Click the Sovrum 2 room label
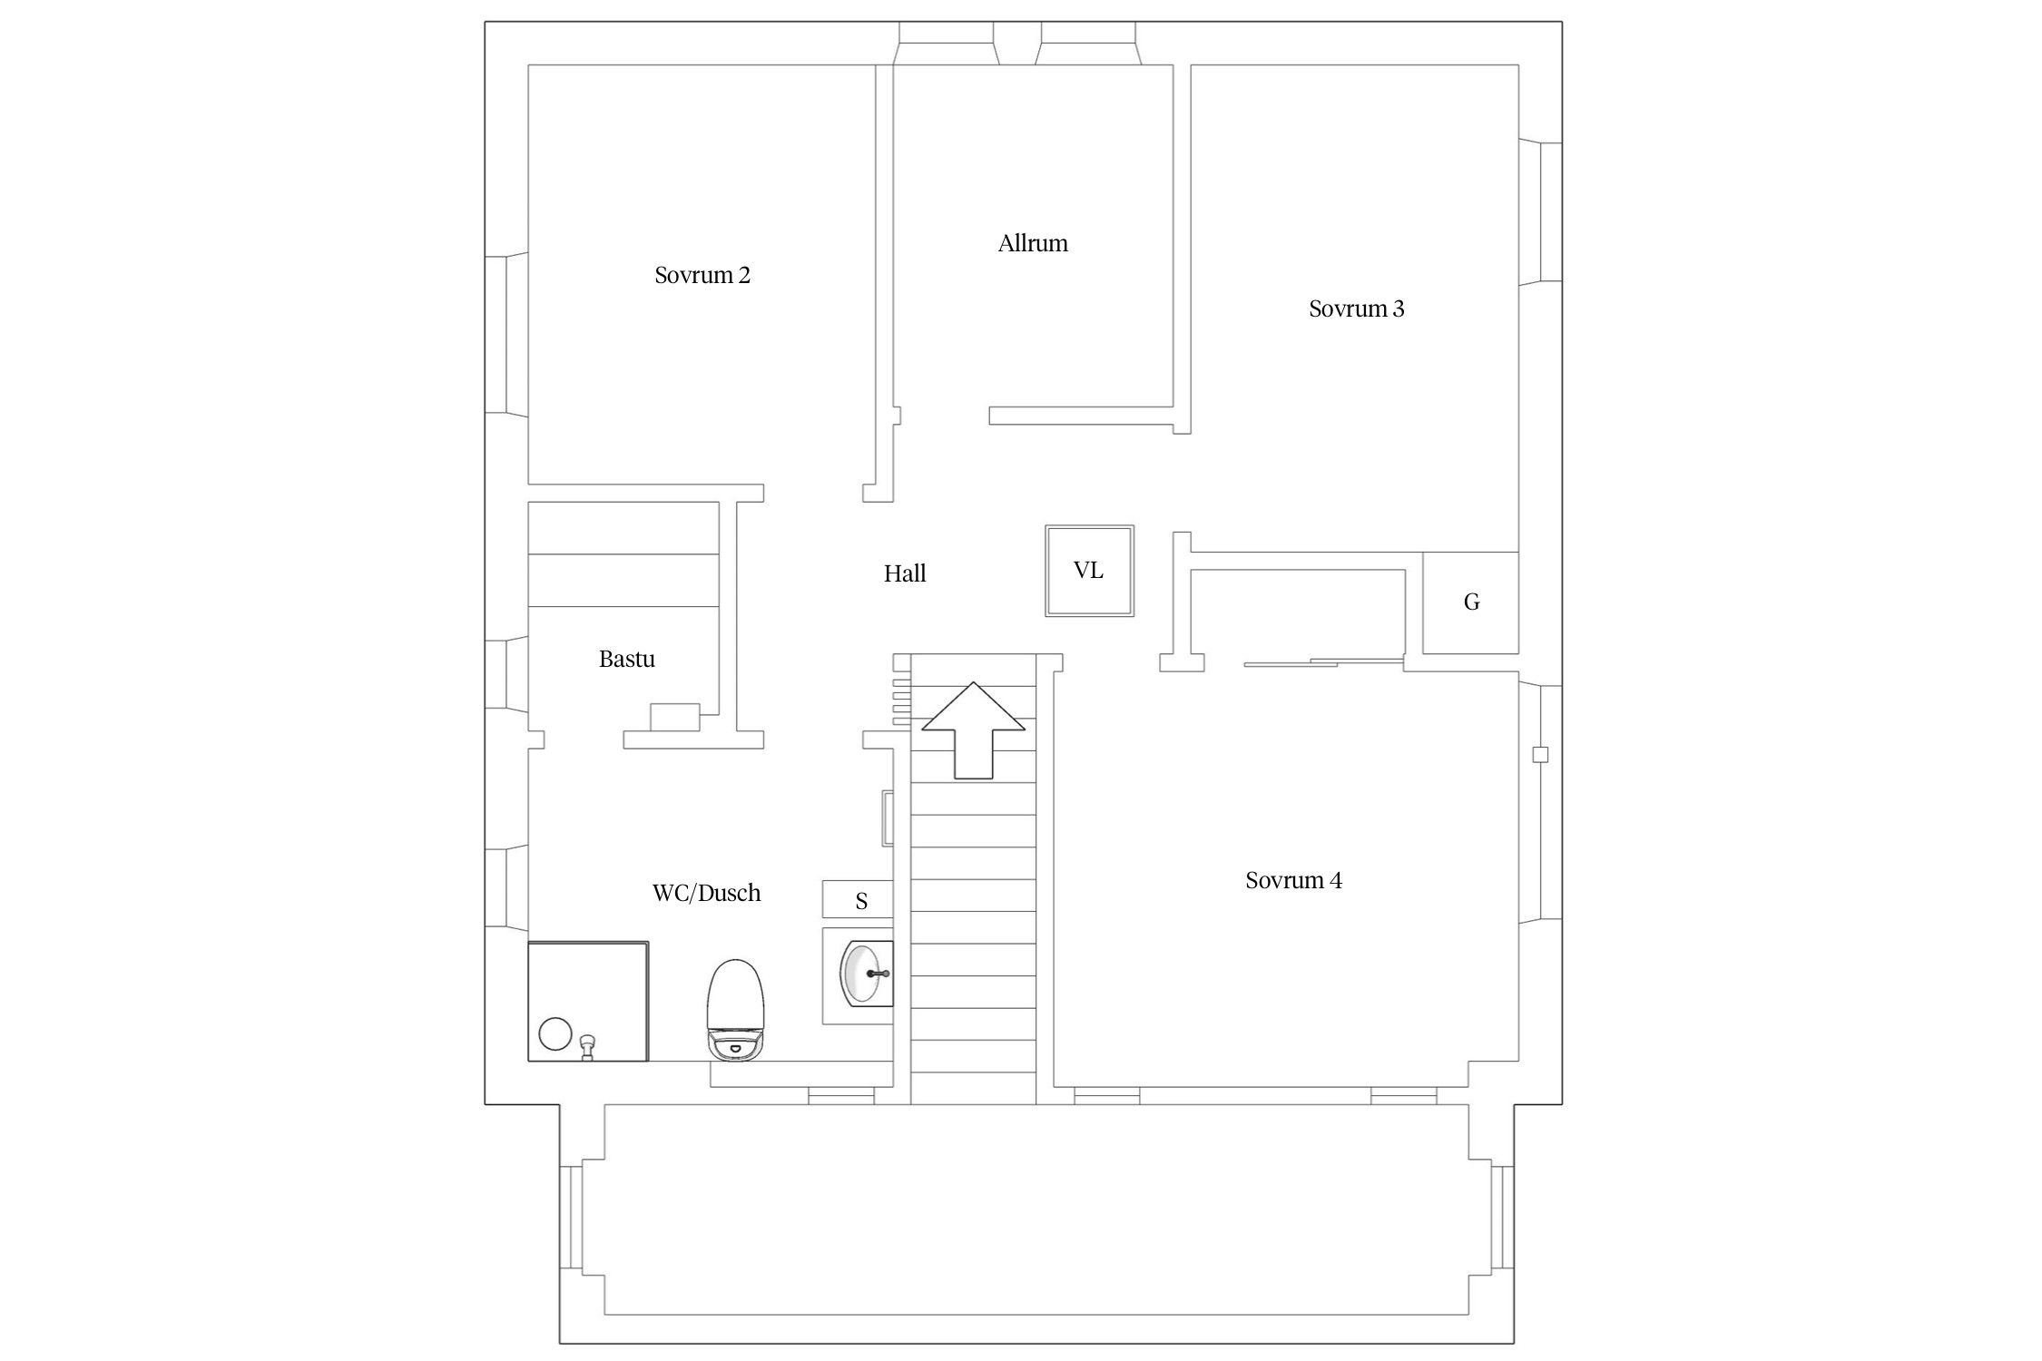702,275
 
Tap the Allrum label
1033,243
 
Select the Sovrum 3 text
1356,308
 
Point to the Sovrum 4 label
1293,880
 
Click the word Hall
905,573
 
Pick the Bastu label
626,659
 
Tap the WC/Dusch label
706,893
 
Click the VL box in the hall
1089,571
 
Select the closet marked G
1470,602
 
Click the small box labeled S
858,899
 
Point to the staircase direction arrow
973,730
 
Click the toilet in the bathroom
735,1010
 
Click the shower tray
588,1001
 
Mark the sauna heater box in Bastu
674,717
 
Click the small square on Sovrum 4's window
1540,754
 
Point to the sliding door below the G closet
1324,662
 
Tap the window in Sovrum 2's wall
506,335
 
